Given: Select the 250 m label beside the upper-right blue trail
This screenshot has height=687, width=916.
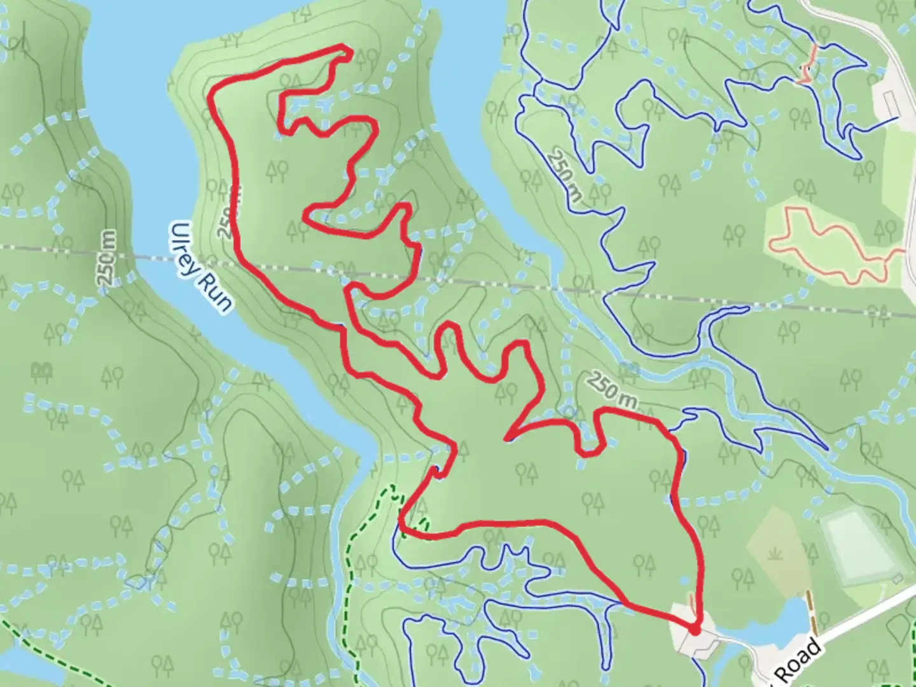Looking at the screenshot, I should coord(565,176).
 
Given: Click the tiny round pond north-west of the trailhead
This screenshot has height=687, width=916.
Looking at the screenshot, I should coord(684,580).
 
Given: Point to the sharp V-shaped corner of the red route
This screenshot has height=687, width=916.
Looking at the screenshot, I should coord(506,438).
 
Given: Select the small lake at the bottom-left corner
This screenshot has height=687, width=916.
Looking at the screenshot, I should coord(19,665).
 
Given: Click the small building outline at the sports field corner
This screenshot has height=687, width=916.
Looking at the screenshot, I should coord(898,579).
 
